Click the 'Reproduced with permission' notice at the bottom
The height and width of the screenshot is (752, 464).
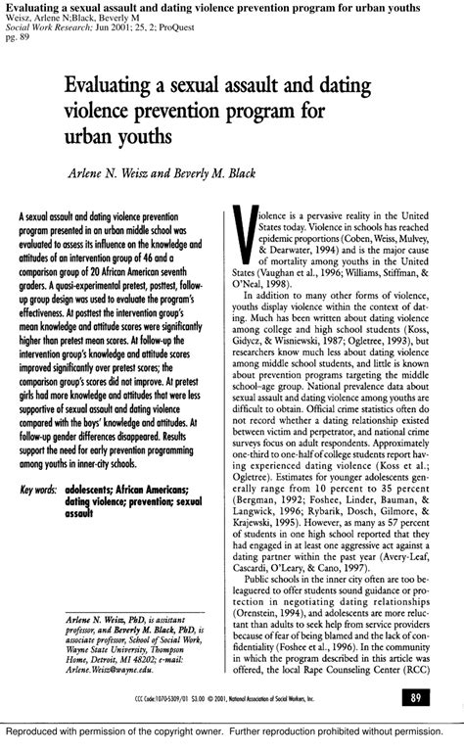(x=231, y=731)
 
